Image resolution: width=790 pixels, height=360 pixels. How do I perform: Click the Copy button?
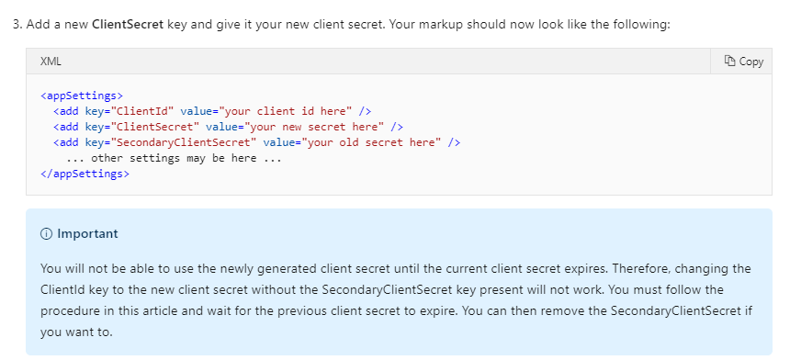tap(743, 61)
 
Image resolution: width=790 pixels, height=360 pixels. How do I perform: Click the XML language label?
tap(51, 61)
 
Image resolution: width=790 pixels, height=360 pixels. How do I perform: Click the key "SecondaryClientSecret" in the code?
tap(181, 141)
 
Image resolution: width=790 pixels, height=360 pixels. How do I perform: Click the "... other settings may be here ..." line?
tap(174, 157)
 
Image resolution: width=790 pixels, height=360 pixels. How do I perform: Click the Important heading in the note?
tap(87, 233)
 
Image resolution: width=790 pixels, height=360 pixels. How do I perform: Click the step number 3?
tap(17, 22)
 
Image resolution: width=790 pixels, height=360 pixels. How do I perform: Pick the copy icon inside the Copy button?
tap(729, 61)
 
